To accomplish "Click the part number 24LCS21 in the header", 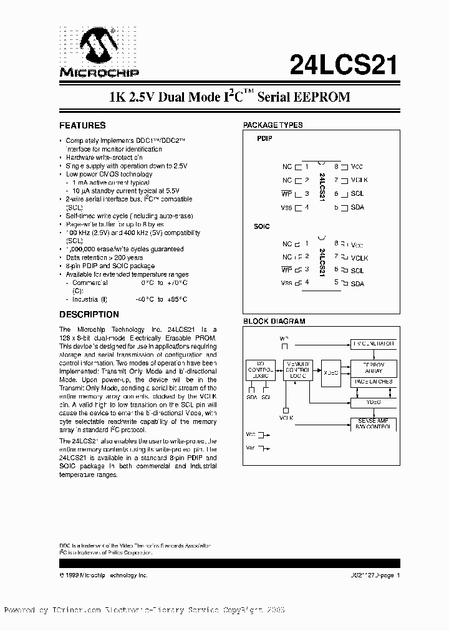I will click(x=344, y=63).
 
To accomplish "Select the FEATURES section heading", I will click(x=82, y=125).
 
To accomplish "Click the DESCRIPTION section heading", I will click(x=89, y=315).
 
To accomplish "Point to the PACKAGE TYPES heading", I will click(x=273, y=125).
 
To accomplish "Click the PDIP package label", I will click(x=264, y=140).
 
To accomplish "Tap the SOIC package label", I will click(x=262, y=226).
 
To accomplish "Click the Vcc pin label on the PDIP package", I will click(x=357, y=166).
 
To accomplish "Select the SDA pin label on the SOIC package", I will click(x=357, y=284).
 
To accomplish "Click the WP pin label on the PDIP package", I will click(x=287, y=194).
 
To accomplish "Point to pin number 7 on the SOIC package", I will click(x=336, y=257).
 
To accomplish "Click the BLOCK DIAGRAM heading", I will click(x=274, y=322).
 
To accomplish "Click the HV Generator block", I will click(x=372, y=344).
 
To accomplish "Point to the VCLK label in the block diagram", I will click(x=286, y=418).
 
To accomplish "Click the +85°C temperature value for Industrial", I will click(x=177, y=299).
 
